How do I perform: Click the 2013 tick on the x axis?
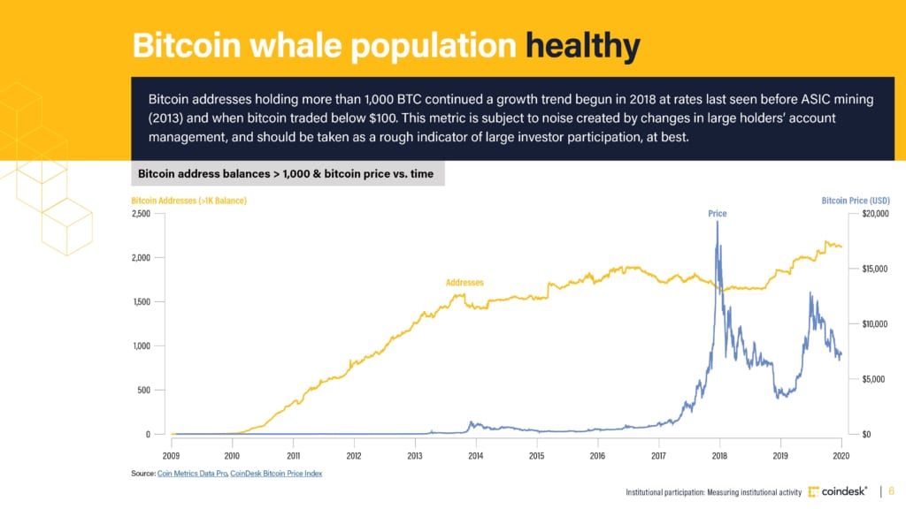[x=414, y=456]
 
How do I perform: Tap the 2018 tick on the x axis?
[x=718, y=456]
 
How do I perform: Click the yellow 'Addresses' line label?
[x=465, y=283]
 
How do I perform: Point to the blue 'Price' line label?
[x=717, y=214]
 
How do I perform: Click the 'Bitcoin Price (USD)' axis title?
[x=855, y=201]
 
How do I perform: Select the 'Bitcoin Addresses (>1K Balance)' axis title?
[x=188, y=201]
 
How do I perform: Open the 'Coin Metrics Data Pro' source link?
[x=192, y=474]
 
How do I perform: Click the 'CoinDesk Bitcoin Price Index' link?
[x=276, y=474]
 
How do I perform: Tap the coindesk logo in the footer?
[x=837, y=491]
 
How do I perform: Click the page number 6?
[x=891, y=491]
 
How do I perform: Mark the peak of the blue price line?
[x=717, y=222]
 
